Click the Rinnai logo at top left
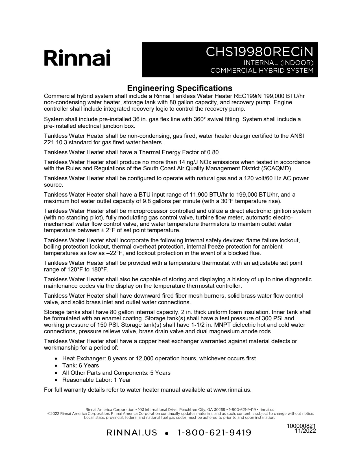click(x=77, y=58)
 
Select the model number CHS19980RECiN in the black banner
click(x=259, y=52)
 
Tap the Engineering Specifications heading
click(x=180, y=88)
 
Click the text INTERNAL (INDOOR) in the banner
click(x=278, y=63)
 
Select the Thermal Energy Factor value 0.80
click(x=213, y=153)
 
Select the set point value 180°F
click(x=99, y=269)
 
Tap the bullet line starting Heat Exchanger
click(x=159, y=359)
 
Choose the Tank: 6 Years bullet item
click(x=80, y=366)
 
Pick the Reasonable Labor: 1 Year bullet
click(x=97, y=380)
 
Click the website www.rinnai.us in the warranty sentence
click(x=232, y=390)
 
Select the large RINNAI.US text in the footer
click(x=132, y=433)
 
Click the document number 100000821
click(x=301, y=426)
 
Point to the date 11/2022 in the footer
click(x=305, y=431)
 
